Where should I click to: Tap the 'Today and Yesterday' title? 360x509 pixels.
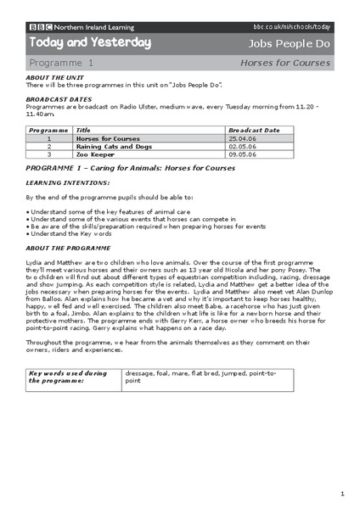90,42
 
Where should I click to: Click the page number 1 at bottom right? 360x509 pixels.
341,492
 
